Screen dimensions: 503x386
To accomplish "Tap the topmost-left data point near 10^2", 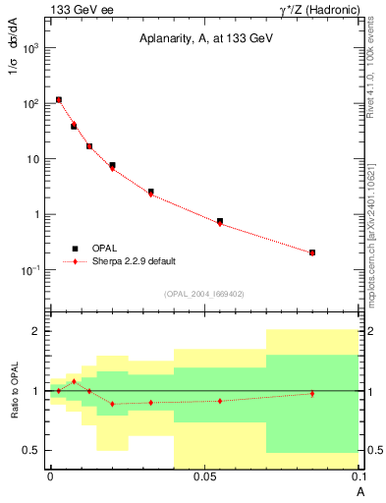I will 59,99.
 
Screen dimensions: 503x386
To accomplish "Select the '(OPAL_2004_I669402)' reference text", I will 203,293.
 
